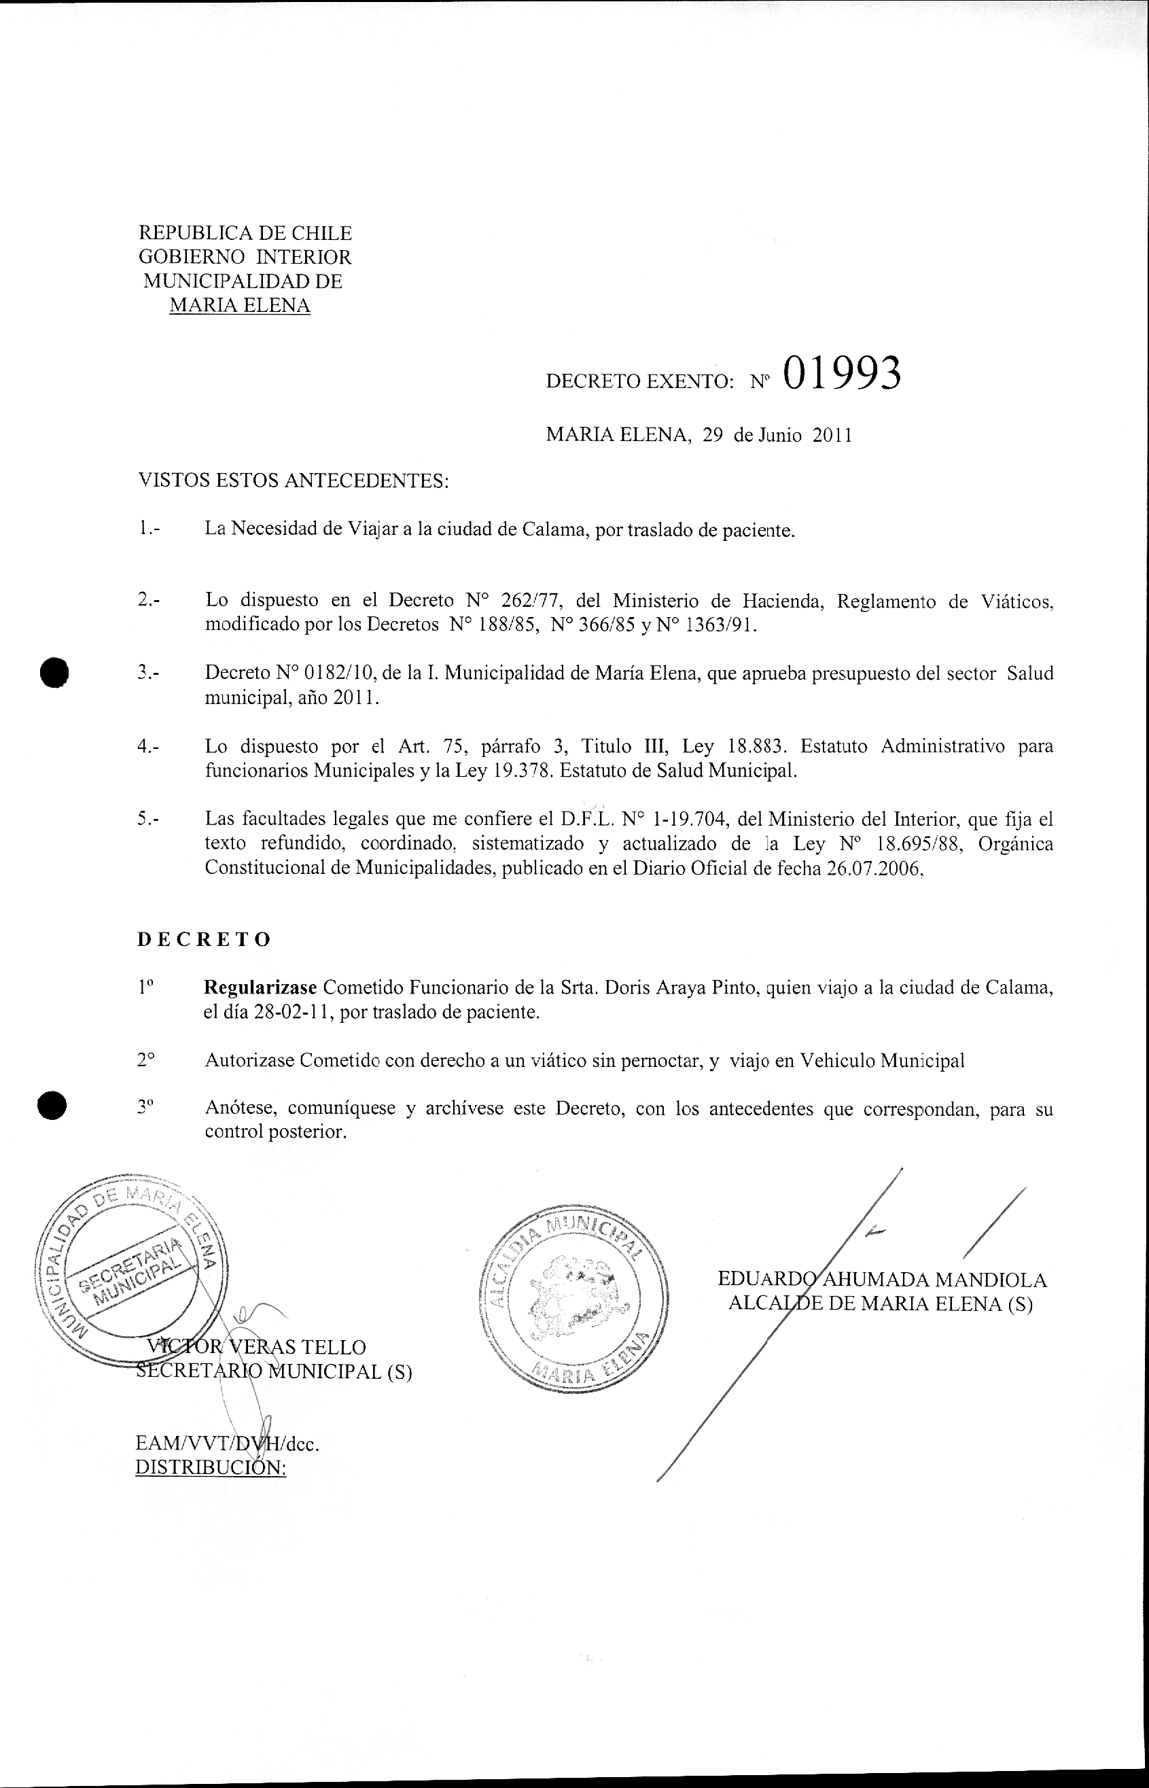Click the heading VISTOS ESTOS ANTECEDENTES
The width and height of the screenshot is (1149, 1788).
coord(294,480)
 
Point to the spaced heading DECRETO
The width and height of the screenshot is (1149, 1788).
coord(204,939)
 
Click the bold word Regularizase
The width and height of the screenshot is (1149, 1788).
coord(260,988)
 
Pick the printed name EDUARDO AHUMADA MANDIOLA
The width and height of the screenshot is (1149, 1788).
coord(882,1279)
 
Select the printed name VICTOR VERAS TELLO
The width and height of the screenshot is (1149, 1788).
coord(258,1347)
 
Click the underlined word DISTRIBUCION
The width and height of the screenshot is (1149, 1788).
coord(211,1467)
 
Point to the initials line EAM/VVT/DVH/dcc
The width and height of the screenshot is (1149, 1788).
coord(227,1443)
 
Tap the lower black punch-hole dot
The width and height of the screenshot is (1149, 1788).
coord(54,1106)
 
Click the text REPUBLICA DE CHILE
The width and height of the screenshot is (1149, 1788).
coord(245,234)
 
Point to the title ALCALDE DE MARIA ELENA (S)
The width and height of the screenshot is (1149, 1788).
coord(880,1303)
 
